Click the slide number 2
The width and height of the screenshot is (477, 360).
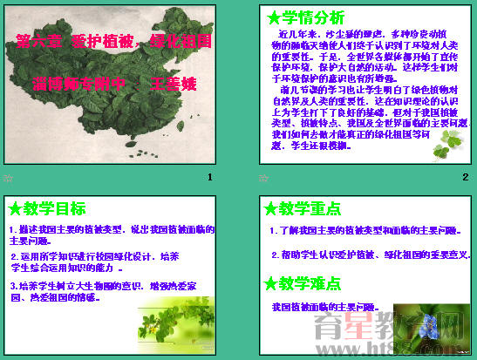tap(465, 178)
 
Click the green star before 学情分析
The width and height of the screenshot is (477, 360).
tap(273, 17)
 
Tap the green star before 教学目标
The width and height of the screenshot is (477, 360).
tap(13, 208)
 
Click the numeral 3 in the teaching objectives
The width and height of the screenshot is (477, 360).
tap(12, 285)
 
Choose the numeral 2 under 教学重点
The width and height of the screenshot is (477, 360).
tap(274, 255)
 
